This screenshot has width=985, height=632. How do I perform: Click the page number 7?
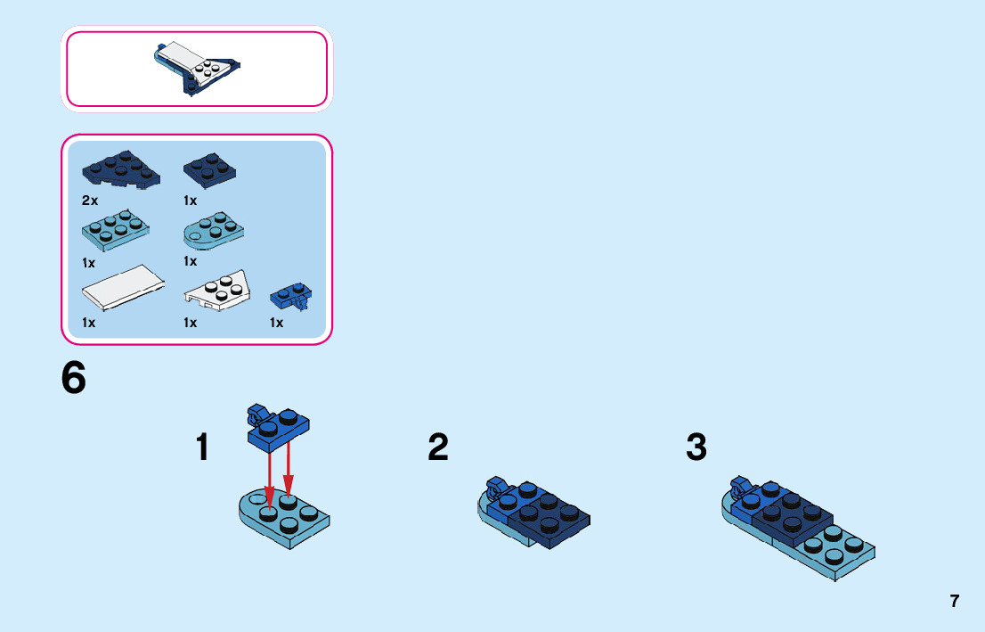click(955, 601)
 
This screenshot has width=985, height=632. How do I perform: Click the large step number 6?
click(74, 378)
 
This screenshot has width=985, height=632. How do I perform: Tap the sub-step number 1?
click(203, 447)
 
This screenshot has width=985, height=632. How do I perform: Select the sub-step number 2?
click(437, 447)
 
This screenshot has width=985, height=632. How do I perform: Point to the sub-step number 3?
click(696, 447)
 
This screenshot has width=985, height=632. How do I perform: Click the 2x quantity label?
click(90, 201)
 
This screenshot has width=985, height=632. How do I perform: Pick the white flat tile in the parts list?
click(121, 287)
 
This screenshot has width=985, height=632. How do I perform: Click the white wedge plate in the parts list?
click(217, 291)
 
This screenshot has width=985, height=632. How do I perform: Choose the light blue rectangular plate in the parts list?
click(116, 230)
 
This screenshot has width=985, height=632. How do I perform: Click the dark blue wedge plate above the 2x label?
click(121, 168)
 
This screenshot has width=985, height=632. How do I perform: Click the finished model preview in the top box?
click(198, 68)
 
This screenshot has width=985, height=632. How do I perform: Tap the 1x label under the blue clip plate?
click(277, 323)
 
